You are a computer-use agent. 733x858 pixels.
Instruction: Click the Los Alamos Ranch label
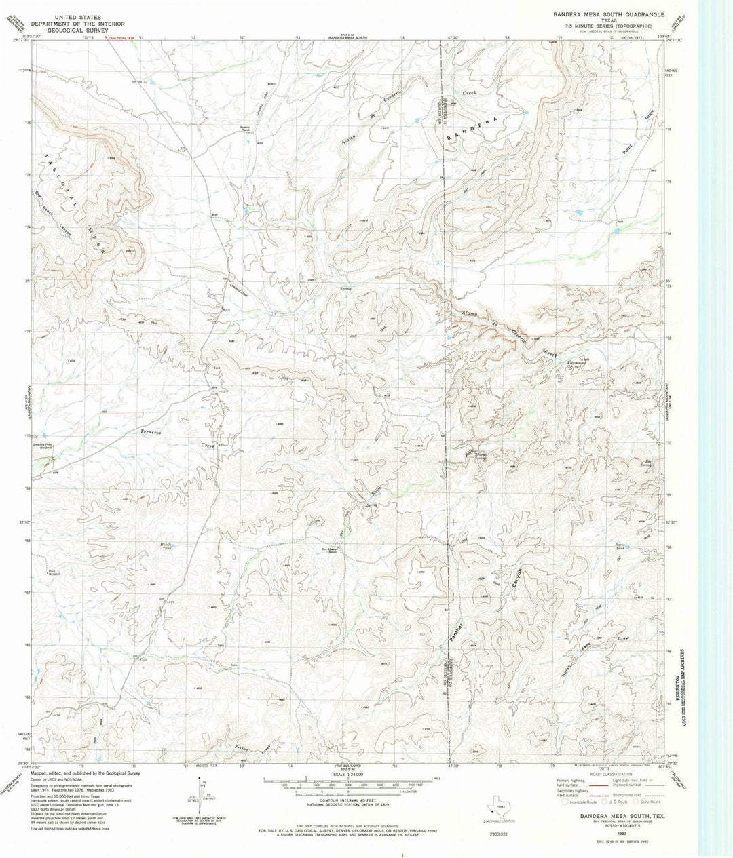coord(329,551)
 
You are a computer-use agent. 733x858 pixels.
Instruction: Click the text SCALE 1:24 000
coord(348,775)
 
